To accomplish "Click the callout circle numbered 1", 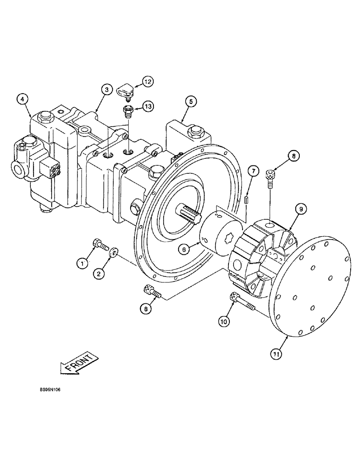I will (82, 264).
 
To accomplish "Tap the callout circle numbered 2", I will (98, 274).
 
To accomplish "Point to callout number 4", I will (22, 99).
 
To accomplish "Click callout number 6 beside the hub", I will (185, 249).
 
